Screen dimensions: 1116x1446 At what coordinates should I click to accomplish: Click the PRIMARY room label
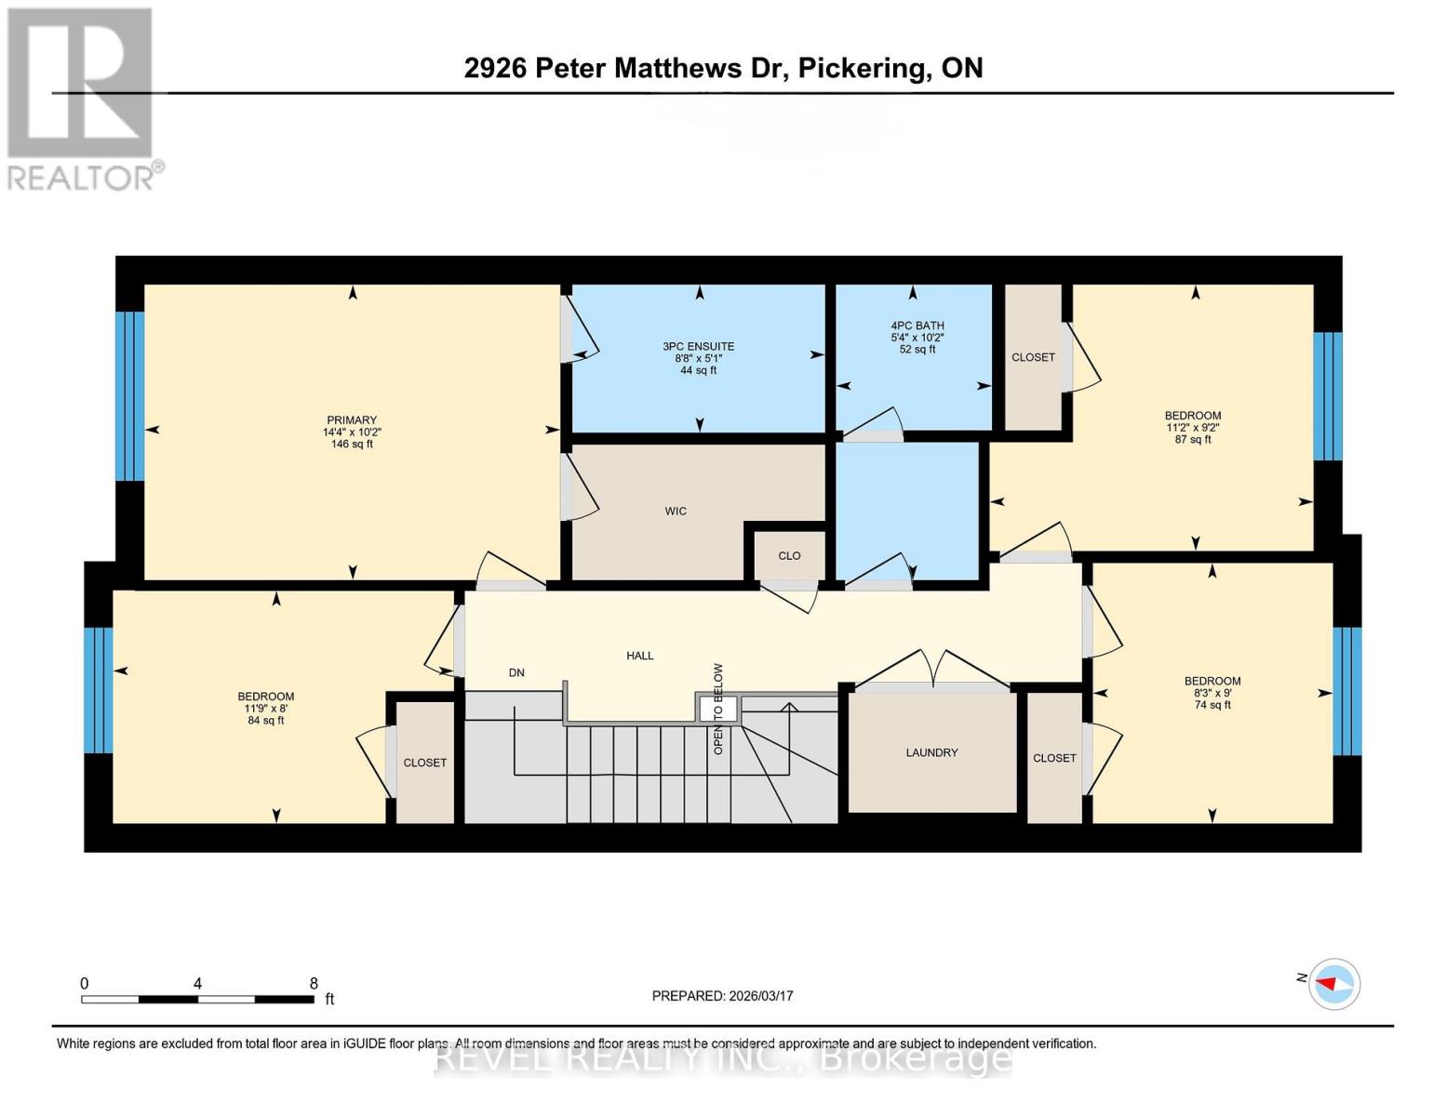coord(352,420)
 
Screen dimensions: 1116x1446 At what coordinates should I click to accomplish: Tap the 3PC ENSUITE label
coord(698,347)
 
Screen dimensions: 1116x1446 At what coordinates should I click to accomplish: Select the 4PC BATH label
coord(917,326)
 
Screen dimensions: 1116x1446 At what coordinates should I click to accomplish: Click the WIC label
coord(676,511)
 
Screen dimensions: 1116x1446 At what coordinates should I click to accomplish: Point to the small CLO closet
coord(789,556)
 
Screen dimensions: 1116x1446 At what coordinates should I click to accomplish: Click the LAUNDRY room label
coord(931,752)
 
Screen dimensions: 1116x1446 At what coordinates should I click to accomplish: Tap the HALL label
coord(639,656)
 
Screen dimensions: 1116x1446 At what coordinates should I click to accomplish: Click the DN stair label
coord(516,672)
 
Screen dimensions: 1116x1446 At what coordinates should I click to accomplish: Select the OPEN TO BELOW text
coord(718,708)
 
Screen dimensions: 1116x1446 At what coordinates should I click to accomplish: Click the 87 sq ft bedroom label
coord(1193,416)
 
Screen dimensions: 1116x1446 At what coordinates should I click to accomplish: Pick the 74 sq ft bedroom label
coord(1212,681)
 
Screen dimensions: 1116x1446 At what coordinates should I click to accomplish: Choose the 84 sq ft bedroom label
coord(266,697)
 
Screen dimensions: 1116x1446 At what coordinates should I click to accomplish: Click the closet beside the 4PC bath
coord(1033,357)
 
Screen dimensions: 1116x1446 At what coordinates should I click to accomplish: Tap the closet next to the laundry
coord(1054,758)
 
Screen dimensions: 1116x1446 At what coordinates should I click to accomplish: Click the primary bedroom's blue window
coord(130,396)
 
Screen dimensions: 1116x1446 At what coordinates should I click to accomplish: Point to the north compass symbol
coord(1334,983)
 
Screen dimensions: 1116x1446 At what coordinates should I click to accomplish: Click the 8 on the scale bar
coord(314,983)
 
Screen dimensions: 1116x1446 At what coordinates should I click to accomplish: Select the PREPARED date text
coord(722,996)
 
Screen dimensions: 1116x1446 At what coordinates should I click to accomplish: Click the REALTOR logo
coord(82,99)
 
